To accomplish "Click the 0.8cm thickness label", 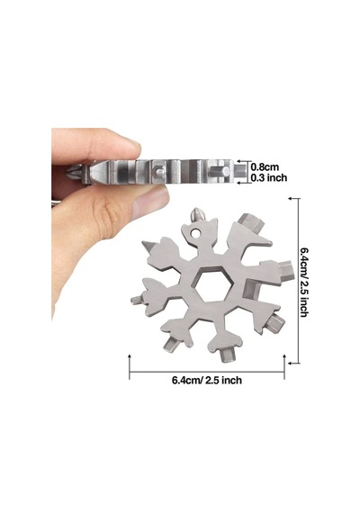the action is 265,166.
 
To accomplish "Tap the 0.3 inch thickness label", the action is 269,177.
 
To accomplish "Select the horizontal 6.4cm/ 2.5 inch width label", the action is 207,380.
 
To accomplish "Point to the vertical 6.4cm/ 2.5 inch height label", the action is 304,283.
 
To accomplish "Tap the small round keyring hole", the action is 196,233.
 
